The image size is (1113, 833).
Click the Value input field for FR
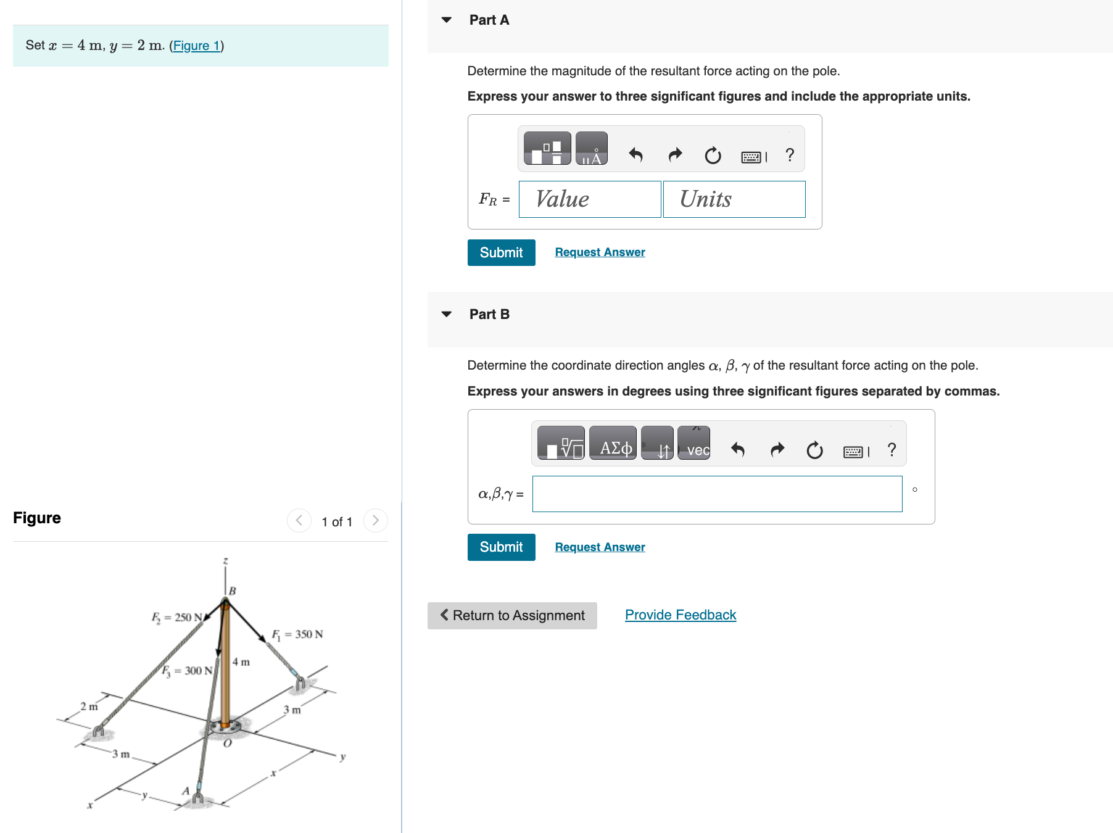[x=589, y=199]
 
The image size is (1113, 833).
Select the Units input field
[x=734, y=199]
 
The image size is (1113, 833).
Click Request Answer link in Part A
[x=600, y=252]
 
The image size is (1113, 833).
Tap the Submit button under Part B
[x=501, y=547]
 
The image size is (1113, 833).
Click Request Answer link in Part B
[x=600, y=547]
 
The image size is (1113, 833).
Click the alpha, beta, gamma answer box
[x=717, y=494]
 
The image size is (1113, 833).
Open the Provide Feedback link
[x=681, y=615]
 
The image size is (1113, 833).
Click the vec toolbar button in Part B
[x=694, y=444]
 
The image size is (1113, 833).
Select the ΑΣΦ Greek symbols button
[x=613, y=444]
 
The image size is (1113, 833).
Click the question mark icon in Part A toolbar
[x=790, y=155]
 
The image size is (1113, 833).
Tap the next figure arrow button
[x=376, y=521]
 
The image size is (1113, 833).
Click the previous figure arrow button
[x=299, y=521]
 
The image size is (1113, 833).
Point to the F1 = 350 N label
[x=297, y=634]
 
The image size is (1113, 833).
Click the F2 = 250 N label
[x=176, y=617]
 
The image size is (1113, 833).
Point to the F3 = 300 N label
[x=188, y=671]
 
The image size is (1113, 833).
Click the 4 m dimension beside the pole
[x=241, y=662]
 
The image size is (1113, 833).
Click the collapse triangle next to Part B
[x=447, y=314]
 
